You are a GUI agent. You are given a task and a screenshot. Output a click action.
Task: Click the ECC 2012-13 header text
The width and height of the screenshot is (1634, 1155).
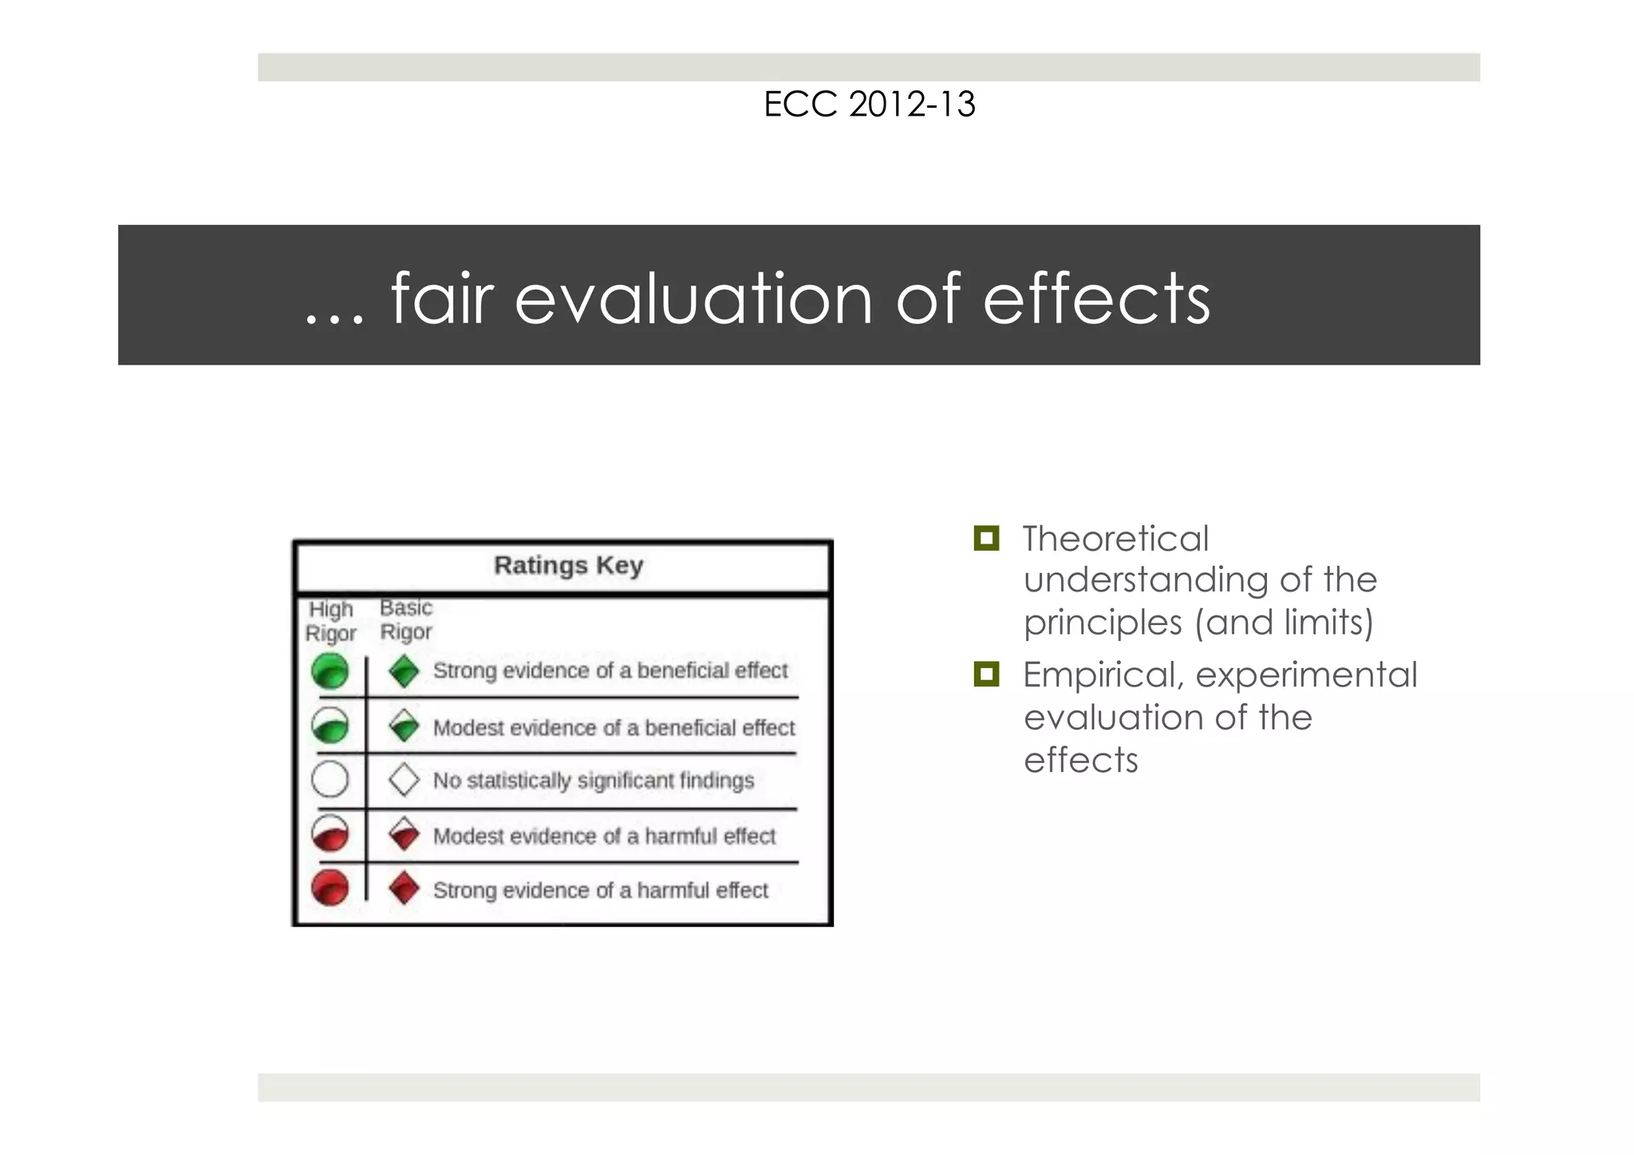tap(869, 105)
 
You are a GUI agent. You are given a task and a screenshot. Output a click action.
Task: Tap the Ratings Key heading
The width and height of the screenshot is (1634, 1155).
tap(568, 565)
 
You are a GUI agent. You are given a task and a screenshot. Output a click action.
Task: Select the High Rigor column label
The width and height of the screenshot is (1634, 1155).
tap(330, 621)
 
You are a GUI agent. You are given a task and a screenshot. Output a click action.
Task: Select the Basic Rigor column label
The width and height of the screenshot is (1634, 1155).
tap(406, 619)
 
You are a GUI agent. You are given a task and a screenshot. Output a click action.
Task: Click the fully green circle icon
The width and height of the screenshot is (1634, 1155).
tap(330, 670)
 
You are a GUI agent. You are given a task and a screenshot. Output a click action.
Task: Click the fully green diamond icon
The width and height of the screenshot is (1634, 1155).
tap(405, 670)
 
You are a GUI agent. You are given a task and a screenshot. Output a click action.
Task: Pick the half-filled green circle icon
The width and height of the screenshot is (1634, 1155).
tap(330, 726)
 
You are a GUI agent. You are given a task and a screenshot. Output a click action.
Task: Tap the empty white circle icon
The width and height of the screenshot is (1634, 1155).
tap(330, 779)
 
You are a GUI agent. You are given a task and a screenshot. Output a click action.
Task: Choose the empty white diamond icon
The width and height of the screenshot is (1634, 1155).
tap(405, 779)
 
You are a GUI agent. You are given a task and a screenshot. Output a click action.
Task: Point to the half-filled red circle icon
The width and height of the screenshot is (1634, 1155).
tap(330, 834)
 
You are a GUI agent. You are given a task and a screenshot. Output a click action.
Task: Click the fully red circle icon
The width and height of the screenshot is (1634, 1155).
tap(330, 888)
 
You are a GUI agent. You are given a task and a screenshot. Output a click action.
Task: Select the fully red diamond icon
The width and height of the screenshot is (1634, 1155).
tap(405, 888)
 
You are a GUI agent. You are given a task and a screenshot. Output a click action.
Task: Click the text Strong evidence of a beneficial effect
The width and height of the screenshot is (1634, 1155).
tap(610, 670)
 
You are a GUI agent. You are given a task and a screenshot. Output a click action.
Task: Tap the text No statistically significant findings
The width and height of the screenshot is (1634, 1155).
tap(593, 780)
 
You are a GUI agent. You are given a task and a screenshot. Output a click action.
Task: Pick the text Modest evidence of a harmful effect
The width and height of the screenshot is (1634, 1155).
tap(604, 836)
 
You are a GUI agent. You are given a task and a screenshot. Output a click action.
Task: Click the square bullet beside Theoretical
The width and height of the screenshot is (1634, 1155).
tap(986, 539)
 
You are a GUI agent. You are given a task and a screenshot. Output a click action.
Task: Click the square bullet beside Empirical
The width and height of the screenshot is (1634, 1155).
tap(986, 674)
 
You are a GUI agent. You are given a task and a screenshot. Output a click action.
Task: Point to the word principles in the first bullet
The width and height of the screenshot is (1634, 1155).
tap(1102, 623)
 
